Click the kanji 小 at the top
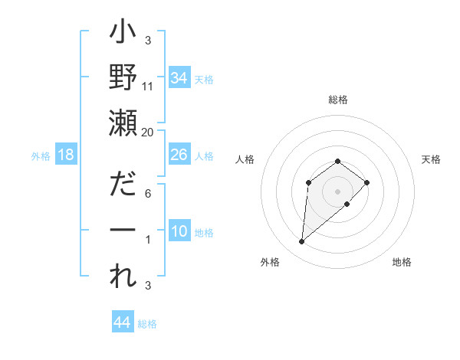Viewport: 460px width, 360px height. coord(123,35)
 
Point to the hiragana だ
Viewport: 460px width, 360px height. coord(123,185)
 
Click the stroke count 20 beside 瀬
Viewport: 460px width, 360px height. coord(148,132)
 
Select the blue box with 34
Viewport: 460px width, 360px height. coord(179,78)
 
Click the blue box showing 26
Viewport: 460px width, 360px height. coord(179,155)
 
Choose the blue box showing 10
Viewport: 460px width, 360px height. coord(179,232)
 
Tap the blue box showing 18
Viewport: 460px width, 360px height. coord(66,155)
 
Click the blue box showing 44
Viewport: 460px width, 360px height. coord(122,322)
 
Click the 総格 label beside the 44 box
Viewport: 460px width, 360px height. coord(147,324)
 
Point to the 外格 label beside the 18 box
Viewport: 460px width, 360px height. coord(41,156)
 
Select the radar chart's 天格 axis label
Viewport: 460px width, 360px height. coord(431,159)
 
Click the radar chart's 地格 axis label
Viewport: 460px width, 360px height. coord(402,262)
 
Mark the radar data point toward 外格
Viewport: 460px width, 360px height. coord(301,242)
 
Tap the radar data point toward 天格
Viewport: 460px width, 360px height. coord(367,182)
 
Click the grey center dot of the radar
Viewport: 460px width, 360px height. coord(337,191)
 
